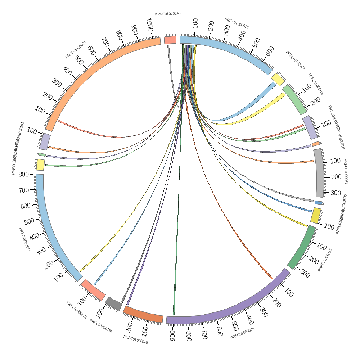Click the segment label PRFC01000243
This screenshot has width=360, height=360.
click(168, 14)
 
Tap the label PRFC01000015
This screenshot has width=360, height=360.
click(237, 23)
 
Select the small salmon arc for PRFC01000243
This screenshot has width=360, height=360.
click(170, 40)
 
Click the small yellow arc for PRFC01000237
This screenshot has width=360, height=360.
click(278, 79)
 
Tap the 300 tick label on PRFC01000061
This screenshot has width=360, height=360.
click(335, 193)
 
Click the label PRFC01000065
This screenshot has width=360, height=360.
click(325, 260)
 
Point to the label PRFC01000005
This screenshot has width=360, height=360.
click(242, 333)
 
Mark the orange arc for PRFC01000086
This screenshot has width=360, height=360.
click(143, 314)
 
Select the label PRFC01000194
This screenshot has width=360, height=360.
click(101, 326)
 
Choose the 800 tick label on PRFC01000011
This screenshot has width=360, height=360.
click(23, 175)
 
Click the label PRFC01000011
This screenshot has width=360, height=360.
click(24, 239)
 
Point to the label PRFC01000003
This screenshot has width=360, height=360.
click(76, 50)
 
